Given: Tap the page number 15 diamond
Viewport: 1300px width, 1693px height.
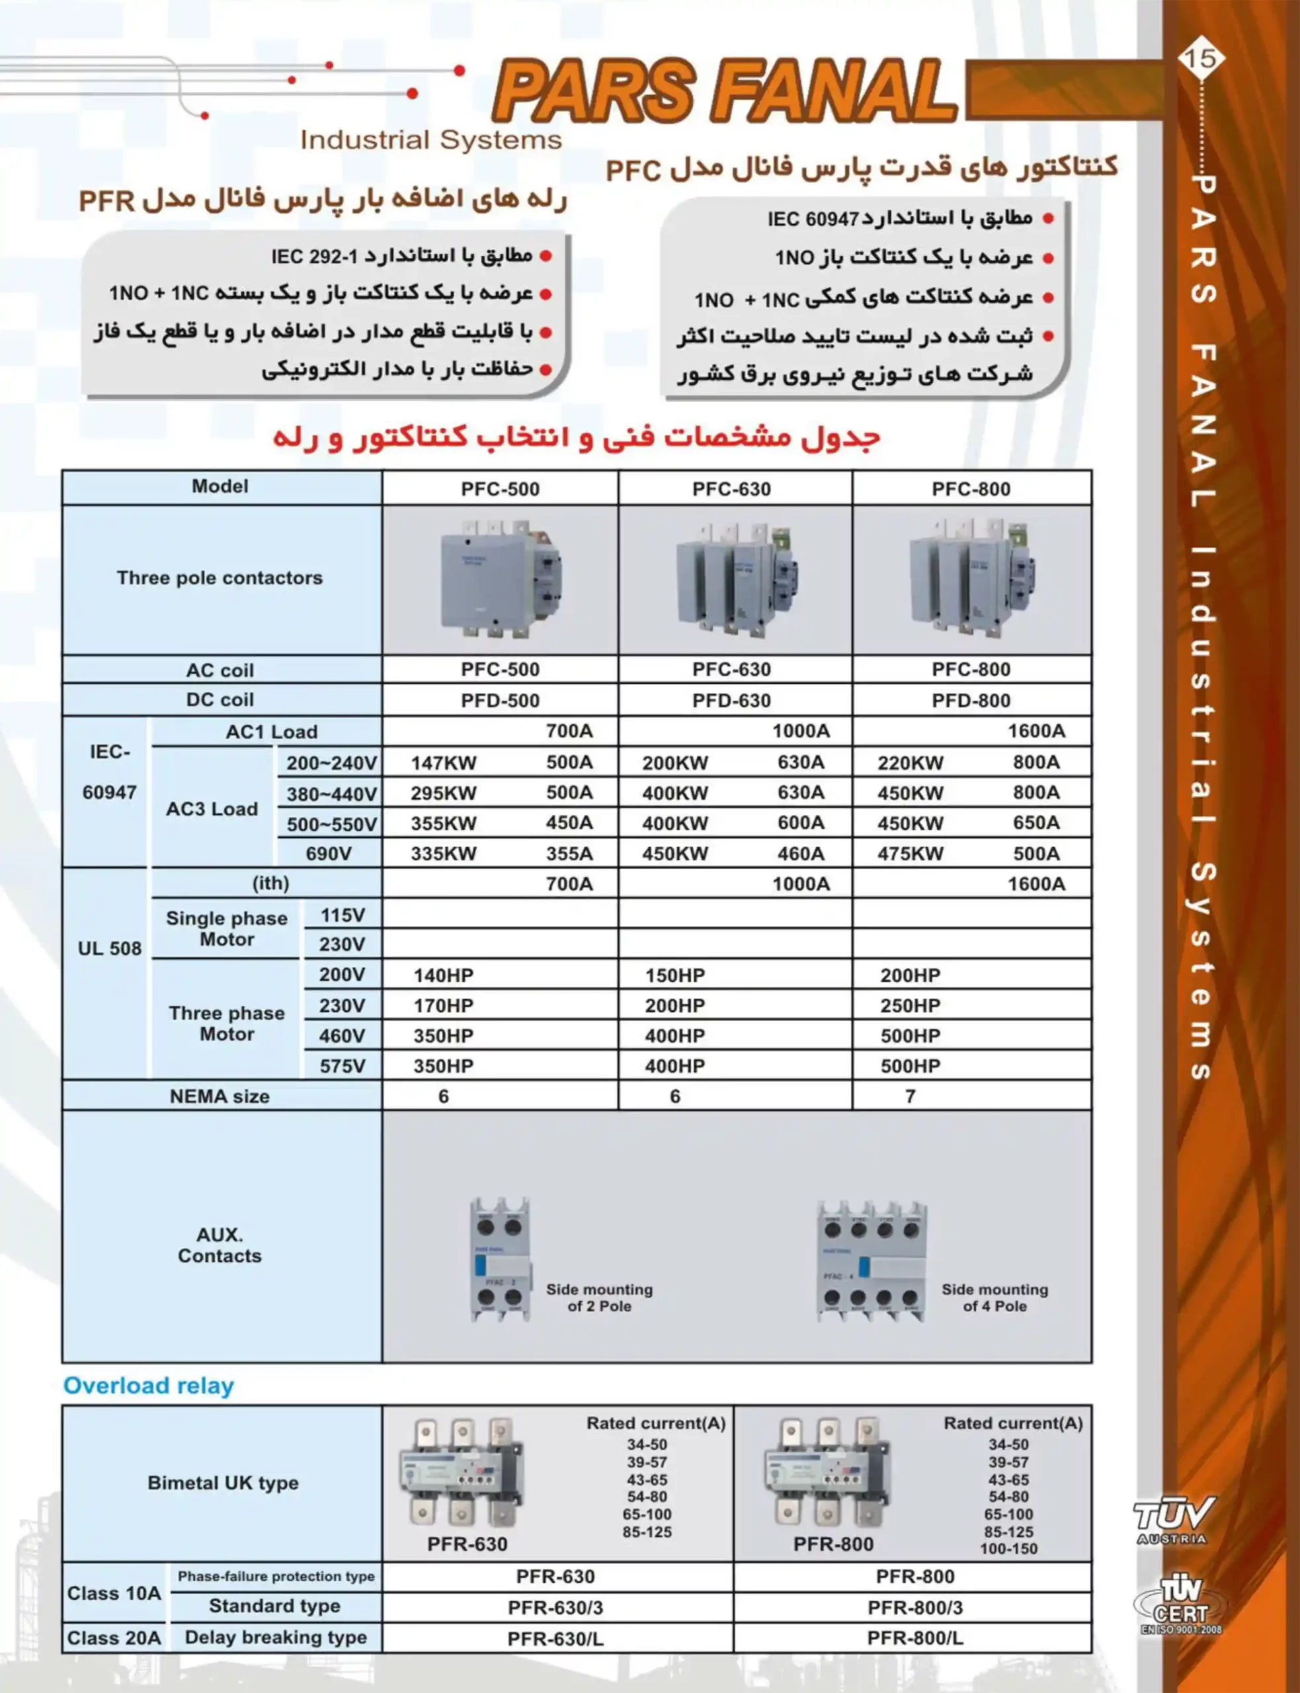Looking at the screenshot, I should click(1200, 58).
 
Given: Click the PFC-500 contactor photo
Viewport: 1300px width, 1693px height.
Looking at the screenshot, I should click(500, 579).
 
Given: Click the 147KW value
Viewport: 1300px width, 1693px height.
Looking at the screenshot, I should click(444, 763).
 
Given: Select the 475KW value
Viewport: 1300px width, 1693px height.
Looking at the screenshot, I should click(910, 854).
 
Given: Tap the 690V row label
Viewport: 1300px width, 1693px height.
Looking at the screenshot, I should click(328, 854).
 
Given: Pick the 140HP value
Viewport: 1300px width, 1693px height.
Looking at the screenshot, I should click(442, 975).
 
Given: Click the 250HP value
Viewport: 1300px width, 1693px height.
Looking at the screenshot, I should click(910, 1005).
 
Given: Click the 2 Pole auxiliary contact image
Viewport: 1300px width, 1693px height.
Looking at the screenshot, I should click(501, 1260).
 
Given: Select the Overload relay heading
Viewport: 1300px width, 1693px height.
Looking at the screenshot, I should click(148, 1386).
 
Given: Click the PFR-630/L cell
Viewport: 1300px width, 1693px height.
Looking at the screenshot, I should click(555, 1638).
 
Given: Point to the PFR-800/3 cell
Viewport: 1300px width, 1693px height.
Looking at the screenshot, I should click(914, 1607).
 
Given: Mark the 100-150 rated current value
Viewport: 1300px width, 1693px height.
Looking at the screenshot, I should click(1008, 1548).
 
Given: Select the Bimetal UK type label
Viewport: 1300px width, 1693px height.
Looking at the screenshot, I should click(223, 1483).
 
